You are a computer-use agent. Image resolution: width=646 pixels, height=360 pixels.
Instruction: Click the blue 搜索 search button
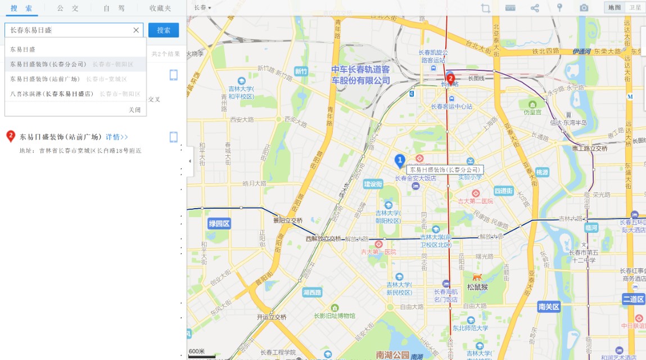pos(164,30)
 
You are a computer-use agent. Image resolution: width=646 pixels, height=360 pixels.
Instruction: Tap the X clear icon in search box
pos(135,30)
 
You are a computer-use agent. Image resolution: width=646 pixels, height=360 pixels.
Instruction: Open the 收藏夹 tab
pos(160,8)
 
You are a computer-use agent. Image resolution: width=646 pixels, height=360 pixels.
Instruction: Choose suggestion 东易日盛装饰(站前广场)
pos(46,79)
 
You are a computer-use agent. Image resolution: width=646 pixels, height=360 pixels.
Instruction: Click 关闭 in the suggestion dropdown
pos(135,110)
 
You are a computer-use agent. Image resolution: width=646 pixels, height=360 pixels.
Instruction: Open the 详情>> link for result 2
pos(117,137)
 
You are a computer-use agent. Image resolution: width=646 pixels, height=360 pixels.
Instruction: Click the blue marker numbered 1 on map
pos(400,161)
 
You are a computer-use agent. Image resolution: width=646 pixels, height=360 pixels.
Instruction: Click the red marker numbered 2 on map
pos(450,78)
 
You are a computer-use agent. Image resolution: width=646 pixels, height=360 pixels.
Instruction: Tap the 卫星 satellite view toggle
pos(635,7)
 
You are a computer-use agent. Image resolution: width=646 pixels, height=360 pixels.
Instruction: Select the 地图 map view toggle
pos(615,7)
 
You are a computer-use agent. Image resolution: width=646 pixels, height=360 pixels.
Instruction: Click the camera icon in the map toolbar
pos(584,7)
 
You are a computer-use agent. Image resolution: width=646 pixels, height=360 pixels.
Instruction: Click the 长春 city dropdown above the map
pos(202,8)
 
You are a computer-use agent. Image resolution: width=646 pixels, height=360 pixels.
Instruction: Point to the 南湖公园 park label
pos(392,355)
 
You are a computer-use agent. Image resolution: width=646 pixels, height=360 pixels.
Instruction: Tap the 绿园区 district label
pos(219,223)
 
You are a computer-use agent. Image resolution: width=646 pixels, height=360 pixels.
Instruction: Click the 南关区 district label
pos(548,307)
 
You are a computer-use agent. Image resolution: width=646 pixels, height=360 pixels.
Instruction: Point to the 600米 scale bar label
pos(197,352)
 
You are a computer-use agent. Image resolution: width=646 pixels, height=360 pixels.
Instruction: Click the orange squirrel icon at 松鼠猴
pos(477,277)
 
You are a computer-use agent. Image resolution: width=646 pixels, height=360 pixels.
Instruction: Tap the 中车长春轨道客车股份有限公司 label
pos(360,75)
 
